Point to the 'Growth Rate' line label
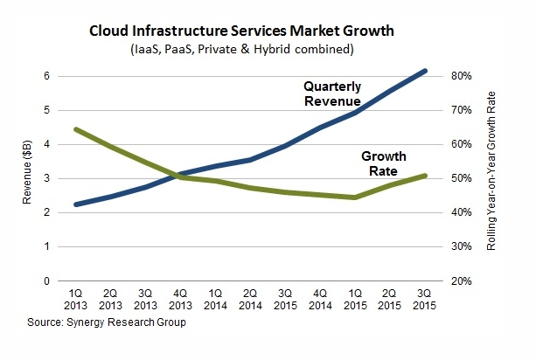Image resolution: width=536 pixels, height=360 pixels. tap(384, 164)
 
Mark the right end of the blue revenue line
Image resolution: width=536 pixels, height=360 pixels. tap(425, 71)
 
